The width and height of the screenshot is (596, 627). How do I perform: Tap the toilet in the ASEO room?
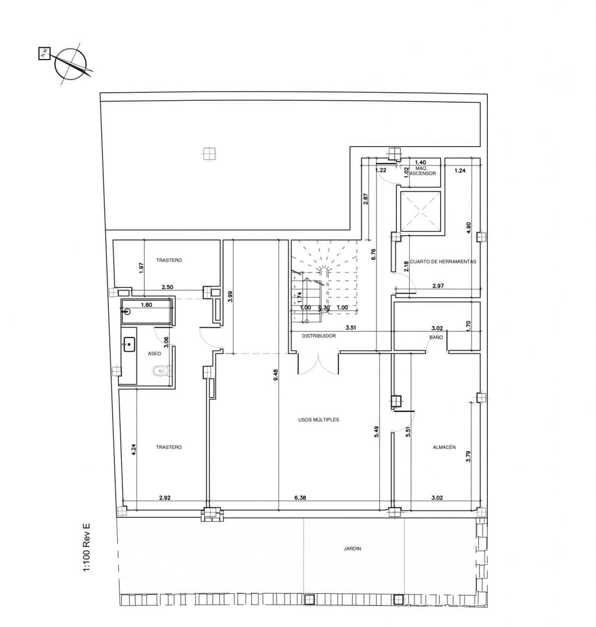click(162, 371)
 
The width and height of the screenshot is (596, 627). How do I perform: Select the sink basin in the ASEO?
click(129, 344)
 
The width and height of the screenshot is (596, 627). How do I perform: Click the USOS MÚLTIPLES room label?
click(318, 420)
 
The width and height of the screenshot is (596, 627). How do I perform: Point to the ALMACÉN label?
click(444, 447)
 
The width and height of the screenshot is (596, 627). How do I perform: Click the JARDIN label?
click(352, 549)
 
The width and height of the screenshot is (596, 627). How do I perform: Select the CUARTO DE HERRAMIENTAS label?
click(443, 262)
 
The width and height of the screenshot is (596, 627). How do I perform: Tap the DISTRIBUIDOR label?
click(318, 336)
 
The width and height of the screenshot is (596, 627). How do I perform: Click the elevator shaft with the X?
click(420, 211)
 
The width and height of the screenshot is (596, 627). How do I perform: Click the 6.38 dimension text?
click(300, 498)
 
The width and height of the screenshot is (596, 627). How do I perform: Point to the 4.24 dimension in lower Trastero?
click(134, 450)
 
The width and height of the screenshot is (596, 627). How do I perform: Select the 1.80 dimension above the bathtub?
click(146, 305)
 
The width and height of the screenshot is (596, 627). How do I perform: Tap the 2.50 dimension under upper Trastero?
click(167, 287)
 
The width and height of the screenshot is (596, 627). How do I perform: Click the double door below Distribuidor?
click(318, 364)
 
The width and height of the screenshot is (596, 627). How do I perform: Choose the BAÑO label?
click(436, 338)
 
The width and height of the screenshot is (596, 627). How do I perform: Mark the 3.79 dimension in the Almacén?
click(468, 456)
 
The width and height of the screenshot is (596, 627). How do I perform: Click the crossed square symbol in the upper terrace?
click(209, 154)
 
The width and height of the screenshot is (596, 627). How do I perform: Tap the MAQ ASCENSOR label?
click(422, 171)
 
